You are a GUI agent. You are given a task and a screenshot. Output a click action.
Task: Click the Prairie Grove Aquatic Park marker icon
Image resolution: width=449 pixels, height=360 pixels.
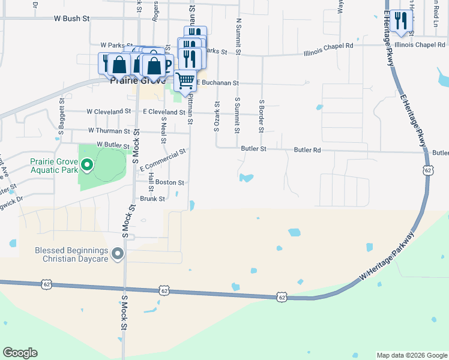(x=86, y=164)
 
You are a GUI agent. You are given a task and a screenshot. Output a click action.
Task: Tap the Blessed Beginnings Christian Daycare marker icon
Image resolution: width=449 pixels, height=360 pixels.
(x=118, y=255)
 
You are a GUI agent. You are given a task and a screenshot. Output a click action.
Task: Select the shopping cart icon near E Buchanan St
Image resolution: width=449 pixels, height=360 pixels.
(x=185, y=79)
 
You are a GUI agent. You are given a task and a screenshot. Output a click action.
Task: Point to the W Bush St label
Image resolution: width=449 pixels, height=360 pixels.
(x=71, y=19)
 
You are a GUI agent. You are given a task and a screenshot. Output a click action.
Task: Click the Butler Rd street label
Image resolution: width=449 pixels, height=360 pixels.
(x=307, y=149)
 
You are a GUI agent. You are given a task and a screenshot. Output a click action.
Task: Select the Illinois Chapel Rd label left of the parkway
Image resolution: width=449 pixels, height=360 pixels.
(x=327, y=46)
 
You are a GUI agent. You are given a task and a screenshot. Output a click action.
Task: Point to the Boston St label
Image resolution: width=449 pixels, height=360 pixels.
(x=169, y=182)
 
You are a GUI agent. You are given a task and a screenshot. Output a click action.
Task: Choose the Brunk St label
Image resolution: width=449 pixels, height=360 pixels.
(x=152, y=199)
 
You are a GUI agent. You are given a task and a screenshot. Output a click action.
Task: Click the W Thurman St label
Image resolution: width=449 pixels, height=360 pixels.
(x=109, y=130)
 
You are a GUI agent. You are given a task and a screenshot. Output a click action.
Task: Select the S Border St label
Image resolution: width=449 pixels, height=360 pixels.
(x=262, y=116)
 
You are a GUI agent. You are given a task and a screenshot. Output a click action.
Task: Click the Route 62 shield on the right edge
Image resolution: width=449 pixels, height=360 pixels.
(x=427, y=170)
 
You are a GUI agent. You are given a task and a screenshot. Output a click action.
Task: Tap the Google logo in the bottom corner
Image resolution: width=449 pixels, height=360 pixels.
(x=20, y=353)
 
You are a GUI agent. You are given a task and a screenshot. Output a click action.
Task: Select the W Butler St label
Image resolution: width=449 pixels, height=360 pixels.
(x=113, y=145)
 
